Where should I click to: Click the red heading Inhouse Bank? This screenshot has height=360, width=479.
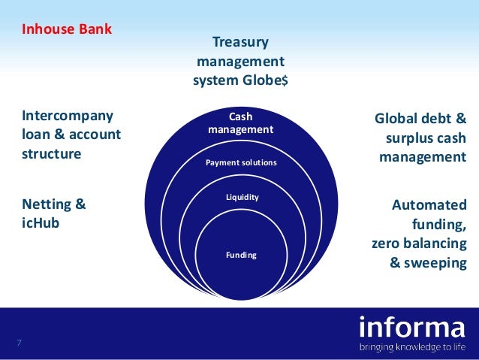(67, 31)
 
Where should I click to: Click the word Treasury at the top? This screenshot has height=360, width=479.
(239, 42)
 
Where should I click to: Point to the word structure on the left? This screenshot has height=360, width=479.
(51, 154)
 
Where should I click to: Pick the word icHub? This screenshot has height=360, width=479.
(40, 223)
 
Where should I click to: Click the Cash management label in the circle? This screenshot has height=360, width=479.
(240, 123)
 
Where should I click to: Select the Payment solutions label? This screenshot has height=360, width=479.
(241, 162)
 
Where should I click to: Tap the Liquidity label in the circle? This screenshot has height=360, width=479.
(242, 197)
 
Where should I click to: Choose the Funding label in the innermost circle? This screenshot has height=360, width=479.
(241, 255)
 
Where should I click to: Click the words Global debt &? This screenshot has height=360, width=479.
(420, 119)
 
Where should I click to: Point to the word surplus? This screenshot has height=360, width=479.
(403, 139)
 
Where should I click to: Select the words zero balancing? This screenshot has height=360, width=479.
(418, 244)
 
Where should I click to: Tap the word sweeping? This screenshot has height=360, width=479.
(435, 264)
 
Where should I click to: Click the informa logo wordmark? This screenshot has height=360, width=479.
(412, 328)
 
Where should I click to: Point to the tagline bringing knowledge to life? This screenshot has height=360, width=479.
(412, 347)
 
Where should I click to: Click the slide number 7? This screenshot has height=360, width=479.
(19, 343)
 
